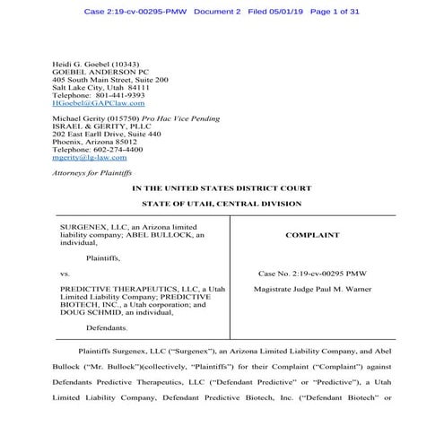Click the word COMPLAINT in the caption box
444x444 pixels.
tap(313, 235)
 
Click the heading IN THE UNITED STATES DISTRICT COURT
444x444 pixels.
tap(222, 189)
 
